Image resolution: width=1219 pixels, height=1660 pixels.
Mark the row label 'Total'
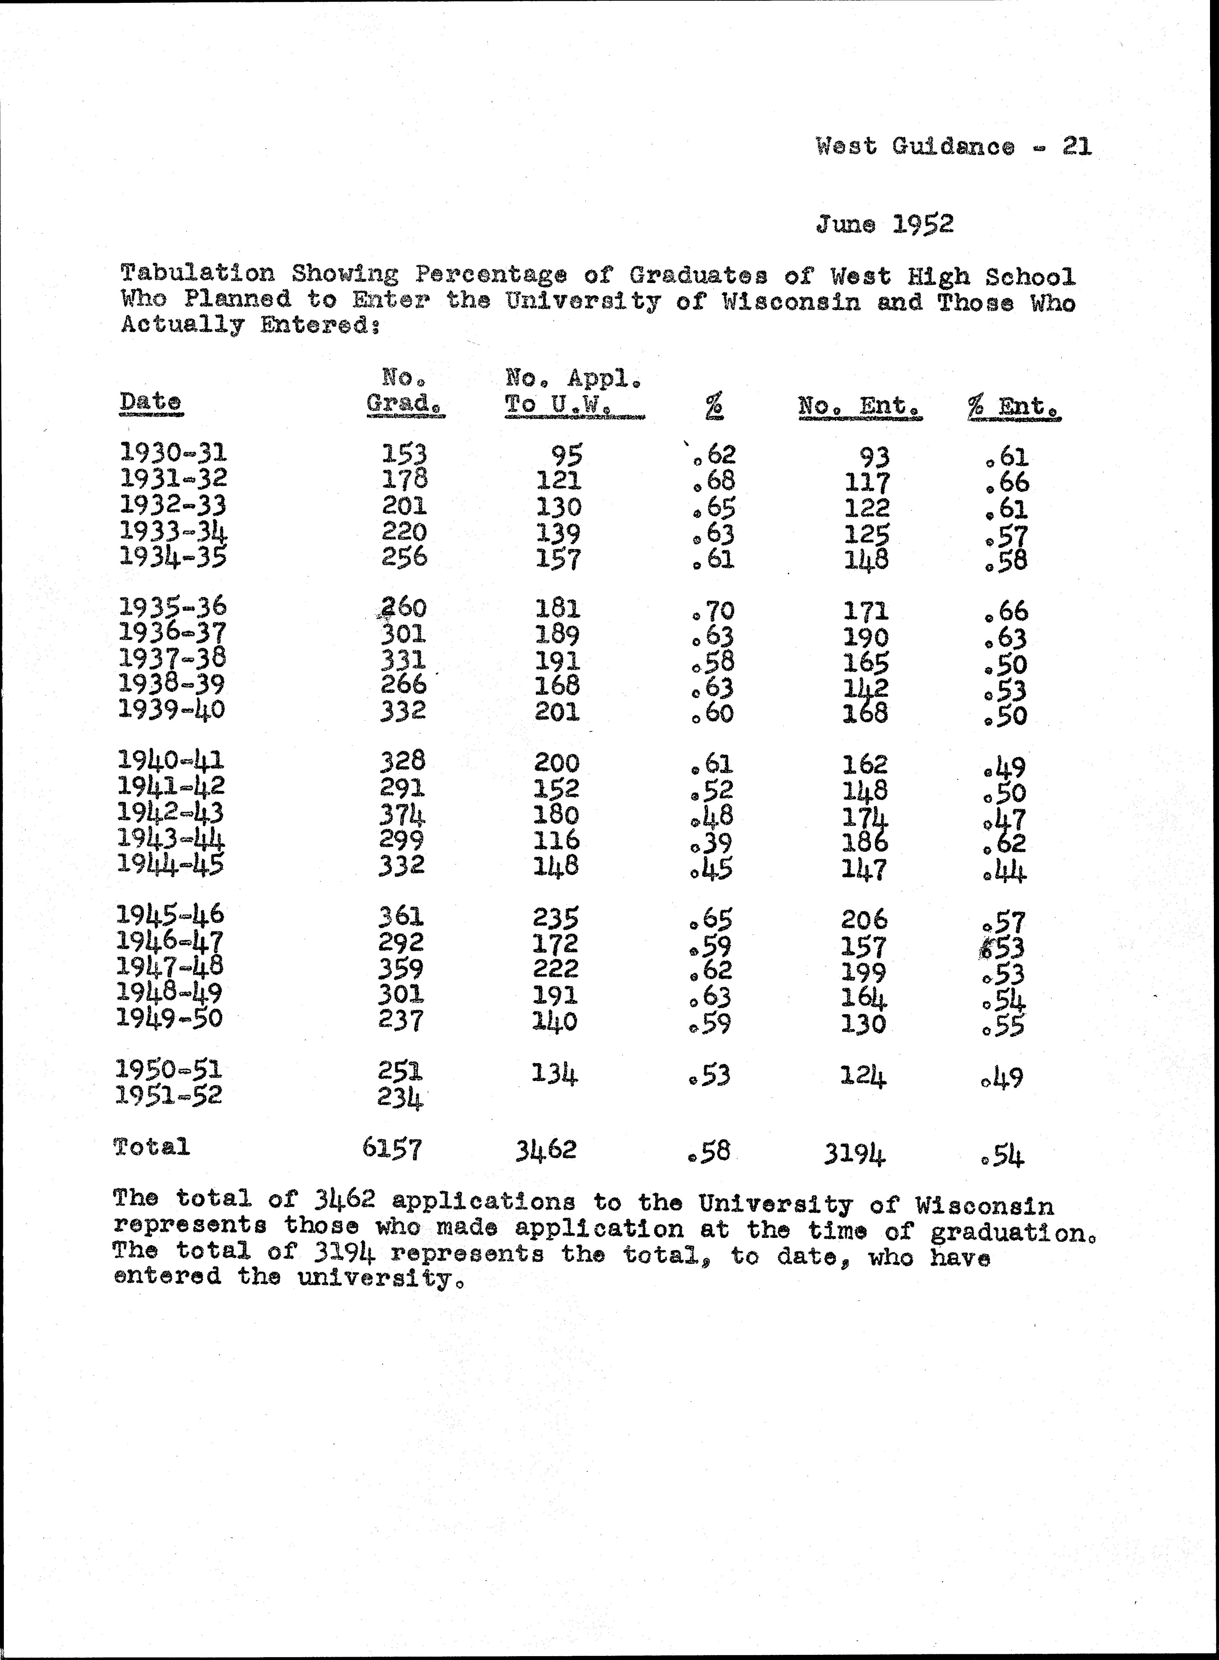(x=152, y=1146)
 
